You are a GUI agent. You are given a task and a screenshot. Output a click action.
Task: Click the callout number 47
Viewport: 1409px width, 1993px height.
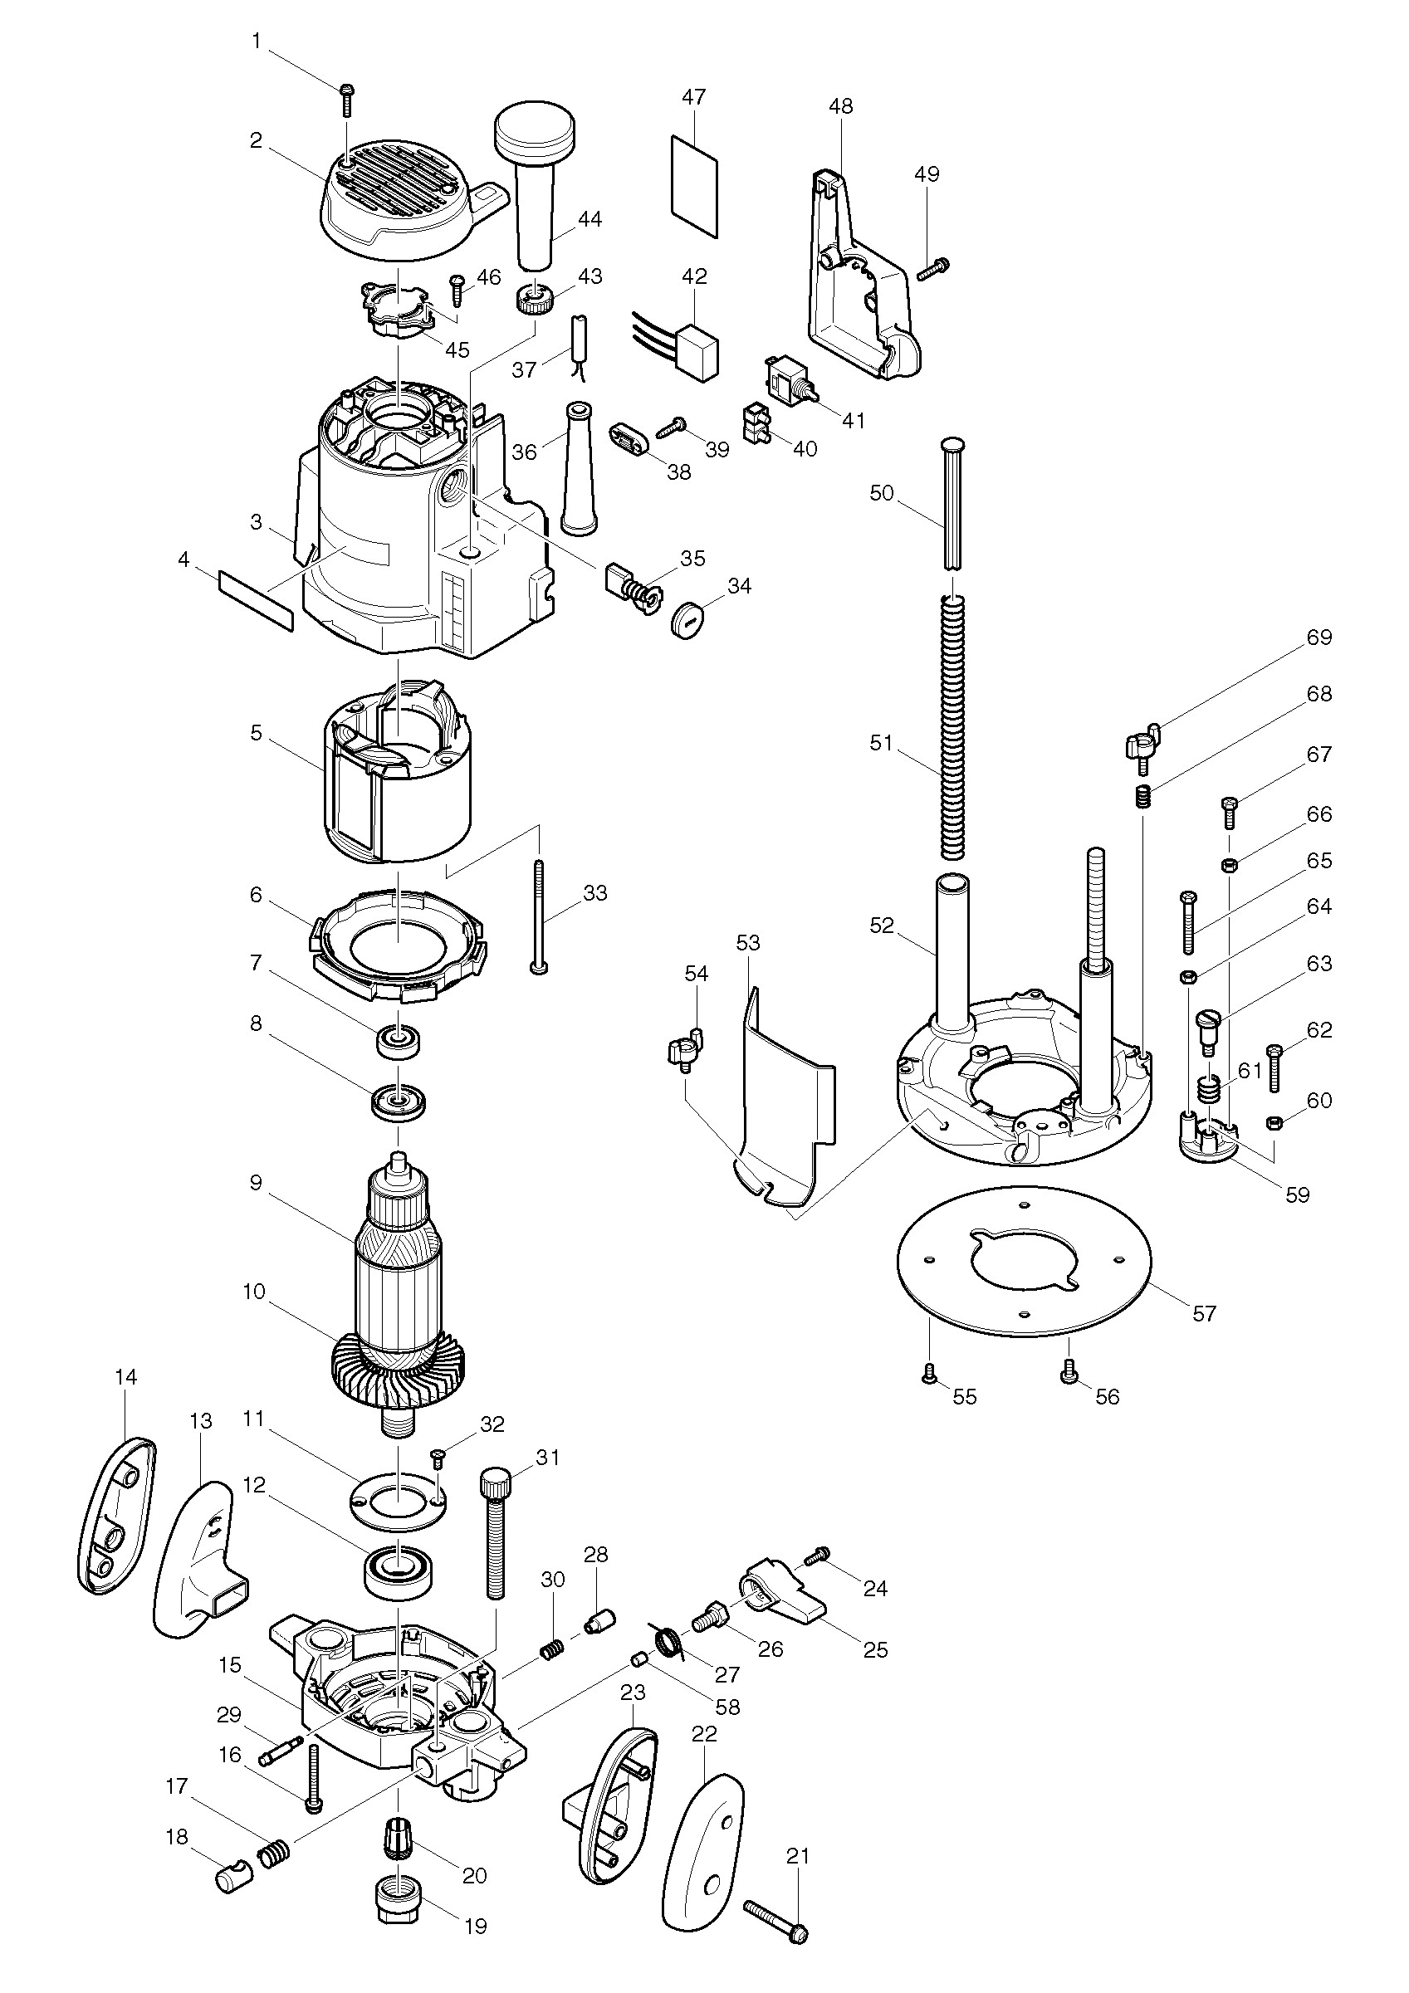pos(693,97)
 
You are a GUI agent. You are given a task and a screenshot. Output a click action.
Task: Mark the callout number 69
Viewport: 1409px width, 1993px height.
pos(1318,637)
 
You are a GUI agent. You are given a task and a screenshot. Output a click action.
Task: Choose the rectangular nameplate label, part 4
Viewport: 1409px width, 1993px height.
pos(255,600)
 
